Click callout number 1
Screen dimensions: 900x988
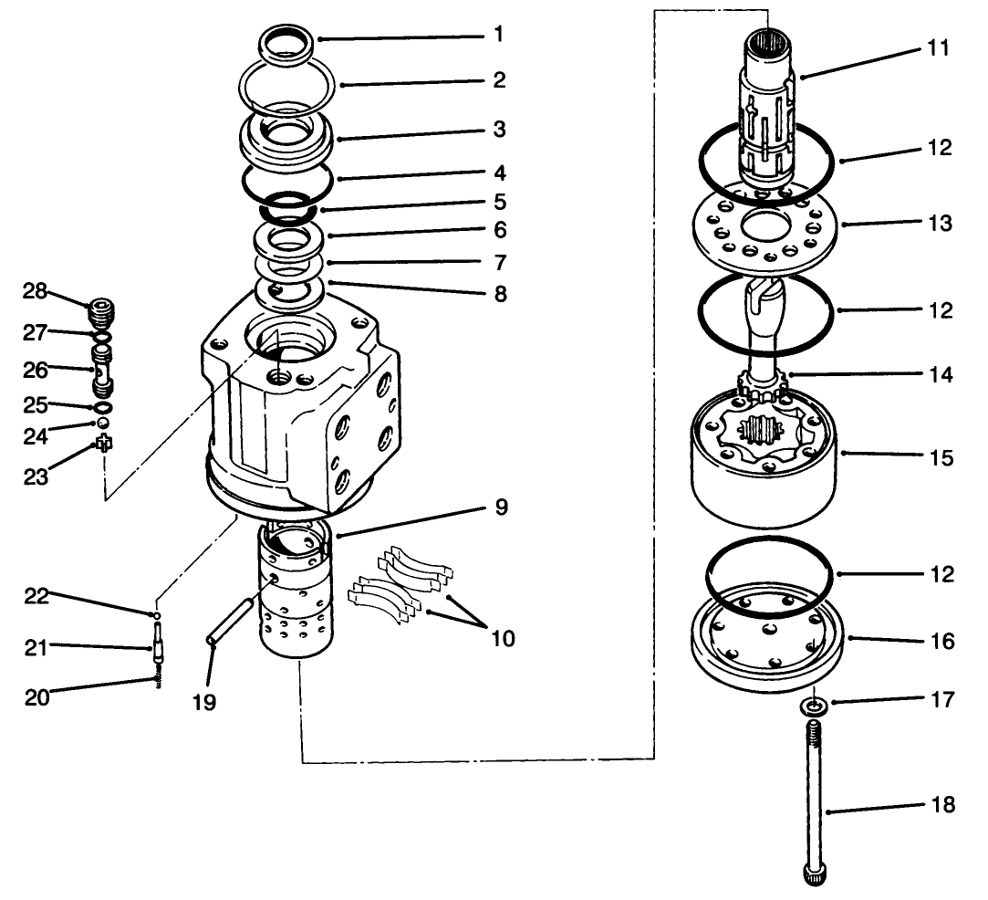(498, 36)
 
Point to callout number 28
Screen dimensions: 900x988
(35, 291)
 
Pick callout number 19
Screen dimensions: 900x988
(205, 705)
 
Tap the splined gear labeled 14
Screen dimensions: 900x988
(764, 381)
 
